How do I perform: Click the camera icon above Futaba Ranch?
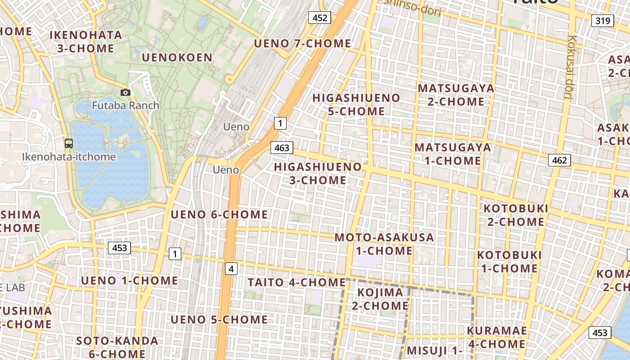(x=126, y=93)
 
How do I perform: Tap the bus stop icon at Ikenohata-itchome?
(x=69, y=144)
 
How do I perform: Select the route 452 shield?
(x=319, y=18)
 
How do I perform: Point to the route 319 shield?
(x=602, y=20)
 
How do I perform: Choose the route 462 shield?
(x=559, y=160)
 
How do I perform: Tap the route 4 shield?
(x=231, y=269)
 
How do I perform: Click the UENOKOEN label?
(x=177, y=58)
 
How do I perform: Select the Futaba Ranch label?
(x=126, y=106)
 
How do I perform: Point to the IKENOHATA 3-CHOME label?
(x=85, y=41)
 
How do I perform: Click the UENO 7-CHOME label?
(x=302, y=44)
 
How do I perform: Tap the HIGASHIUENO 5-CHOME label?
(x=356, y=104)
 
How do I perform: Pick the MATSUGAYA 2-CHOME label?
(x=456, y=94)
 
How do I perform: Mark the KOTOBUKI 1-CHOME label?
(x=509, y=261)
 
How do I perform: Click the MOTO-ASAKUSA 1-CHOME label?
(x=384, y=244)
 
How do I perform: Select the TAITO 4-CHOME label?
(x=297, y=283)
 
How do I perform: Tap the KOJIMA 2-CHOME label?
(x=380, y=299)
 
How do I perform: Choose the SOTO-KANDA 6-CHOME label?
(x=117, y=347)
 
